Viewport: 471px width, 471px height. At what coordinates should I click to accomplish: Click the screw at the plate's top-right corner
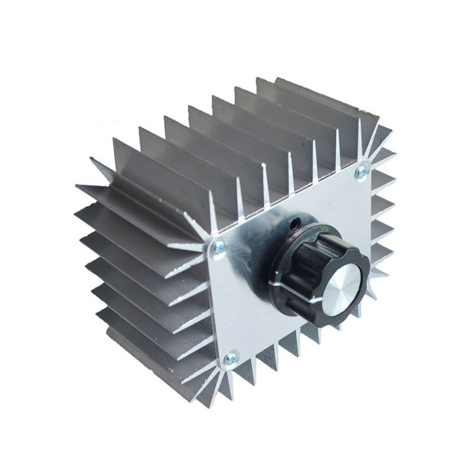360,172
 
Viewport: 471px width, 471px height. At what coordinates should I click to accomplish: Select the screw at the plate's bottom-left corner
230,358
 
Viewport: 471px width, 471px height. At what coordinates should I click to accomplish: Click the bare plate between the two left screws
226,301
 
